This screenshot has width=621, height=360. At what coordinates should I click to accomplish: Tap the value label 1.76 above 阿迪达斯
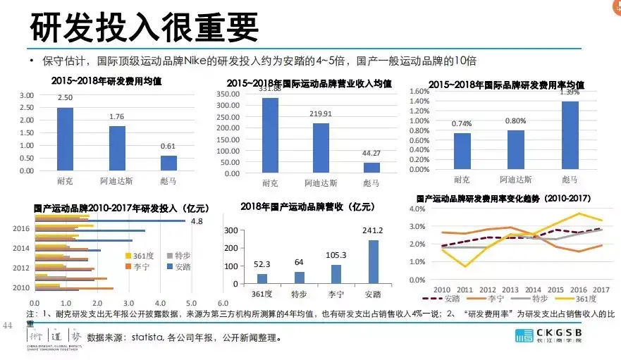point(117,117)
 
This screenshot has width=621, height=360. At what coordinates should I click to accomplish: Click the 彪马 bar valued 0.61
point(168,163)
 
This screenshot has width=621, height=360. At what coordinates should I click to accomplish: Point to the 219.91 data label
point(321,113)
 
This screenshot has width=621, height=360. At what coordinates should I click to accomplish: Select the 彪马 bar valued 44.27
point(371,168)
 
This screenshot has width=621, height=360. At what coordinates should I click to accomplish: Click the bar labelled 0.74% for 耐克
point(462,152)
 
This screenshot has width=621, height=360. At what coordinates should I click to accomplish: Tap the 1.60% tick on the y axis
point(419,92)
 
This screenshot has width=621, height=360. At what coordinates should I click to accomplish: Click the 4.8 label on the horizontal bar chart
point(197,221)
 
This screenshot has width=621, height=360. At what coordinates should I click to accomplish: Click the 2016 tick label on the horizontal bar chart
point(21,228)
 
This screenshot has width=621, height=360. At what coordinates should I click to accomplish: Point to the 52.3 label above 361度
point(261,263)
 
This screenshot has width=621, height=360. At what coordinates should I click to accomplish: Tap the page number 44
point(9,326)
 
